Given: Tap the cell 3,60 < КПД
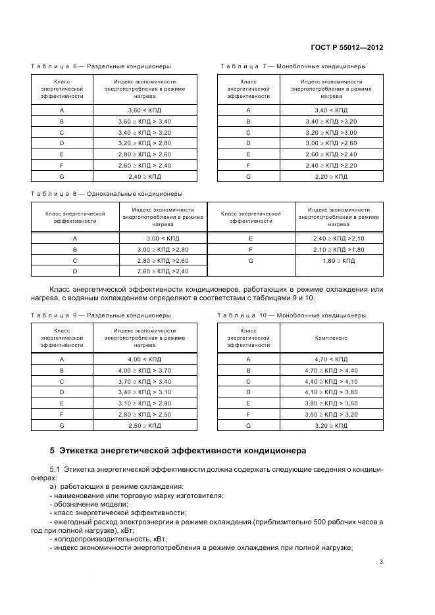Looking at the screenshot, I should [144, 110].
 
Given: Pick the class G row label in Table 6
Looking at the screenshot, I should [61, 177].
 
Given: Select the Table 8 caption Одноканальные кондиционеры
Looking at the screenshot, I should [107, 194].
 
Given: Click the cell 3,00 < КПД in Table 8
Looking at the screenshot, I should [163, 239].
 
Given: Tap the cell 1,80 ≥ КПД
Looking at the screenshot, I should [338, 261].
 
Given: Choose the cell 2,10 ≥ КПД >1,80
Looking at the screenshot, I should [338, 250].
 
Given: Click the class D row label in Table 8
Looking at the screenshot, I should [75, 271].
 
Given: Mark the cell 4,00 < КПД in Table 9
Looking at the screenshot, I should [144, 359].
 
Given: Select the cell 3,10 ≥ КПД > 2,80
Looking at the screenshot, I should [144, 403].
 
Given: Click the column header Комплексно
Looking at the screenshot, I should [331, 338].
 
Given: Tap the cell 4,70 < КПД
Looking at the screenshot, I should [331, 359].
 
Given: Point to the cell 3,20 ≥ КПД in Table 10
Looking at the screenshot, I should [331, 426].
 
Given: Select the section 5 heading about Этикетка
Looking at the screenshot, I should [174, 451].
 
